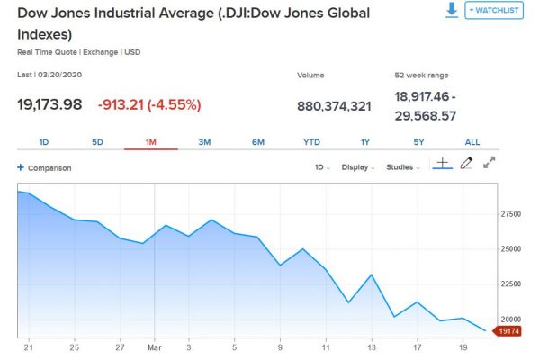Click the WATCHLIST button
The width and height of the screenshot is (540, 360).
tap(494, 10)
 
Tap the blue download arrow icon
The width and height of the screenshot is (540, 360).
tap(452, 9)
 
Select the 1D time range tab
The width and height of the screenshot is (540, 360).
tap(44, 142)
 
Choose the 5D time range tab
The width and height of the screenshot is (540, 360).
tap(98, 142)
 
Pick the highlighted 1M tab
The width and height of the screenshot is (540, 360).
tap(151, 142)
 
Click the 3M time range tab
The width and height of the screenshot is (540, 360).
tap(204, 142)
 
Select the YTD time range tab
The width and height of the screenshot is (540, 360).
tap(311, 142)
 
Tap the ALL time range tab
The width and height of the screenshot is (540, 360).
tap(472, 142)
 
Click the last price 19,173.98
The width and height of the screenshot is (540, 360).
tap(50, 104)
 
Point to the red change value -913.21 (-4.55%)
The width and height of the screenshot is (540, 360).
tap(149, 104)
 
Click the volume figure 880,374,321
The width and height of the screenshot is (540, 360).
tap(334, 106)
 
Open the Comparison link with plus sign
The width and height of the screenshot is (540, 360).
tap(44, 168)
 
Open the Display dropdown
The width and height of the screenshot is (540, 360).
tap(360, 167)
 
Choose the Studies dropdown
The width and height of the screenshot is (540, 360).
tap(402, 167)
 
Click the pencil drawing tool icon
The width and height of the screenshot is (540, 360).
tap(466, 164)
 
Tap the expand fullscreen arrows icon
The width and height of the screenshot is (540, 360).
tap(490, 164)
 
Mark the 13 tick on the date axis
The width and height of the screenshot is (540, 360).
tap(372, 346)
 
